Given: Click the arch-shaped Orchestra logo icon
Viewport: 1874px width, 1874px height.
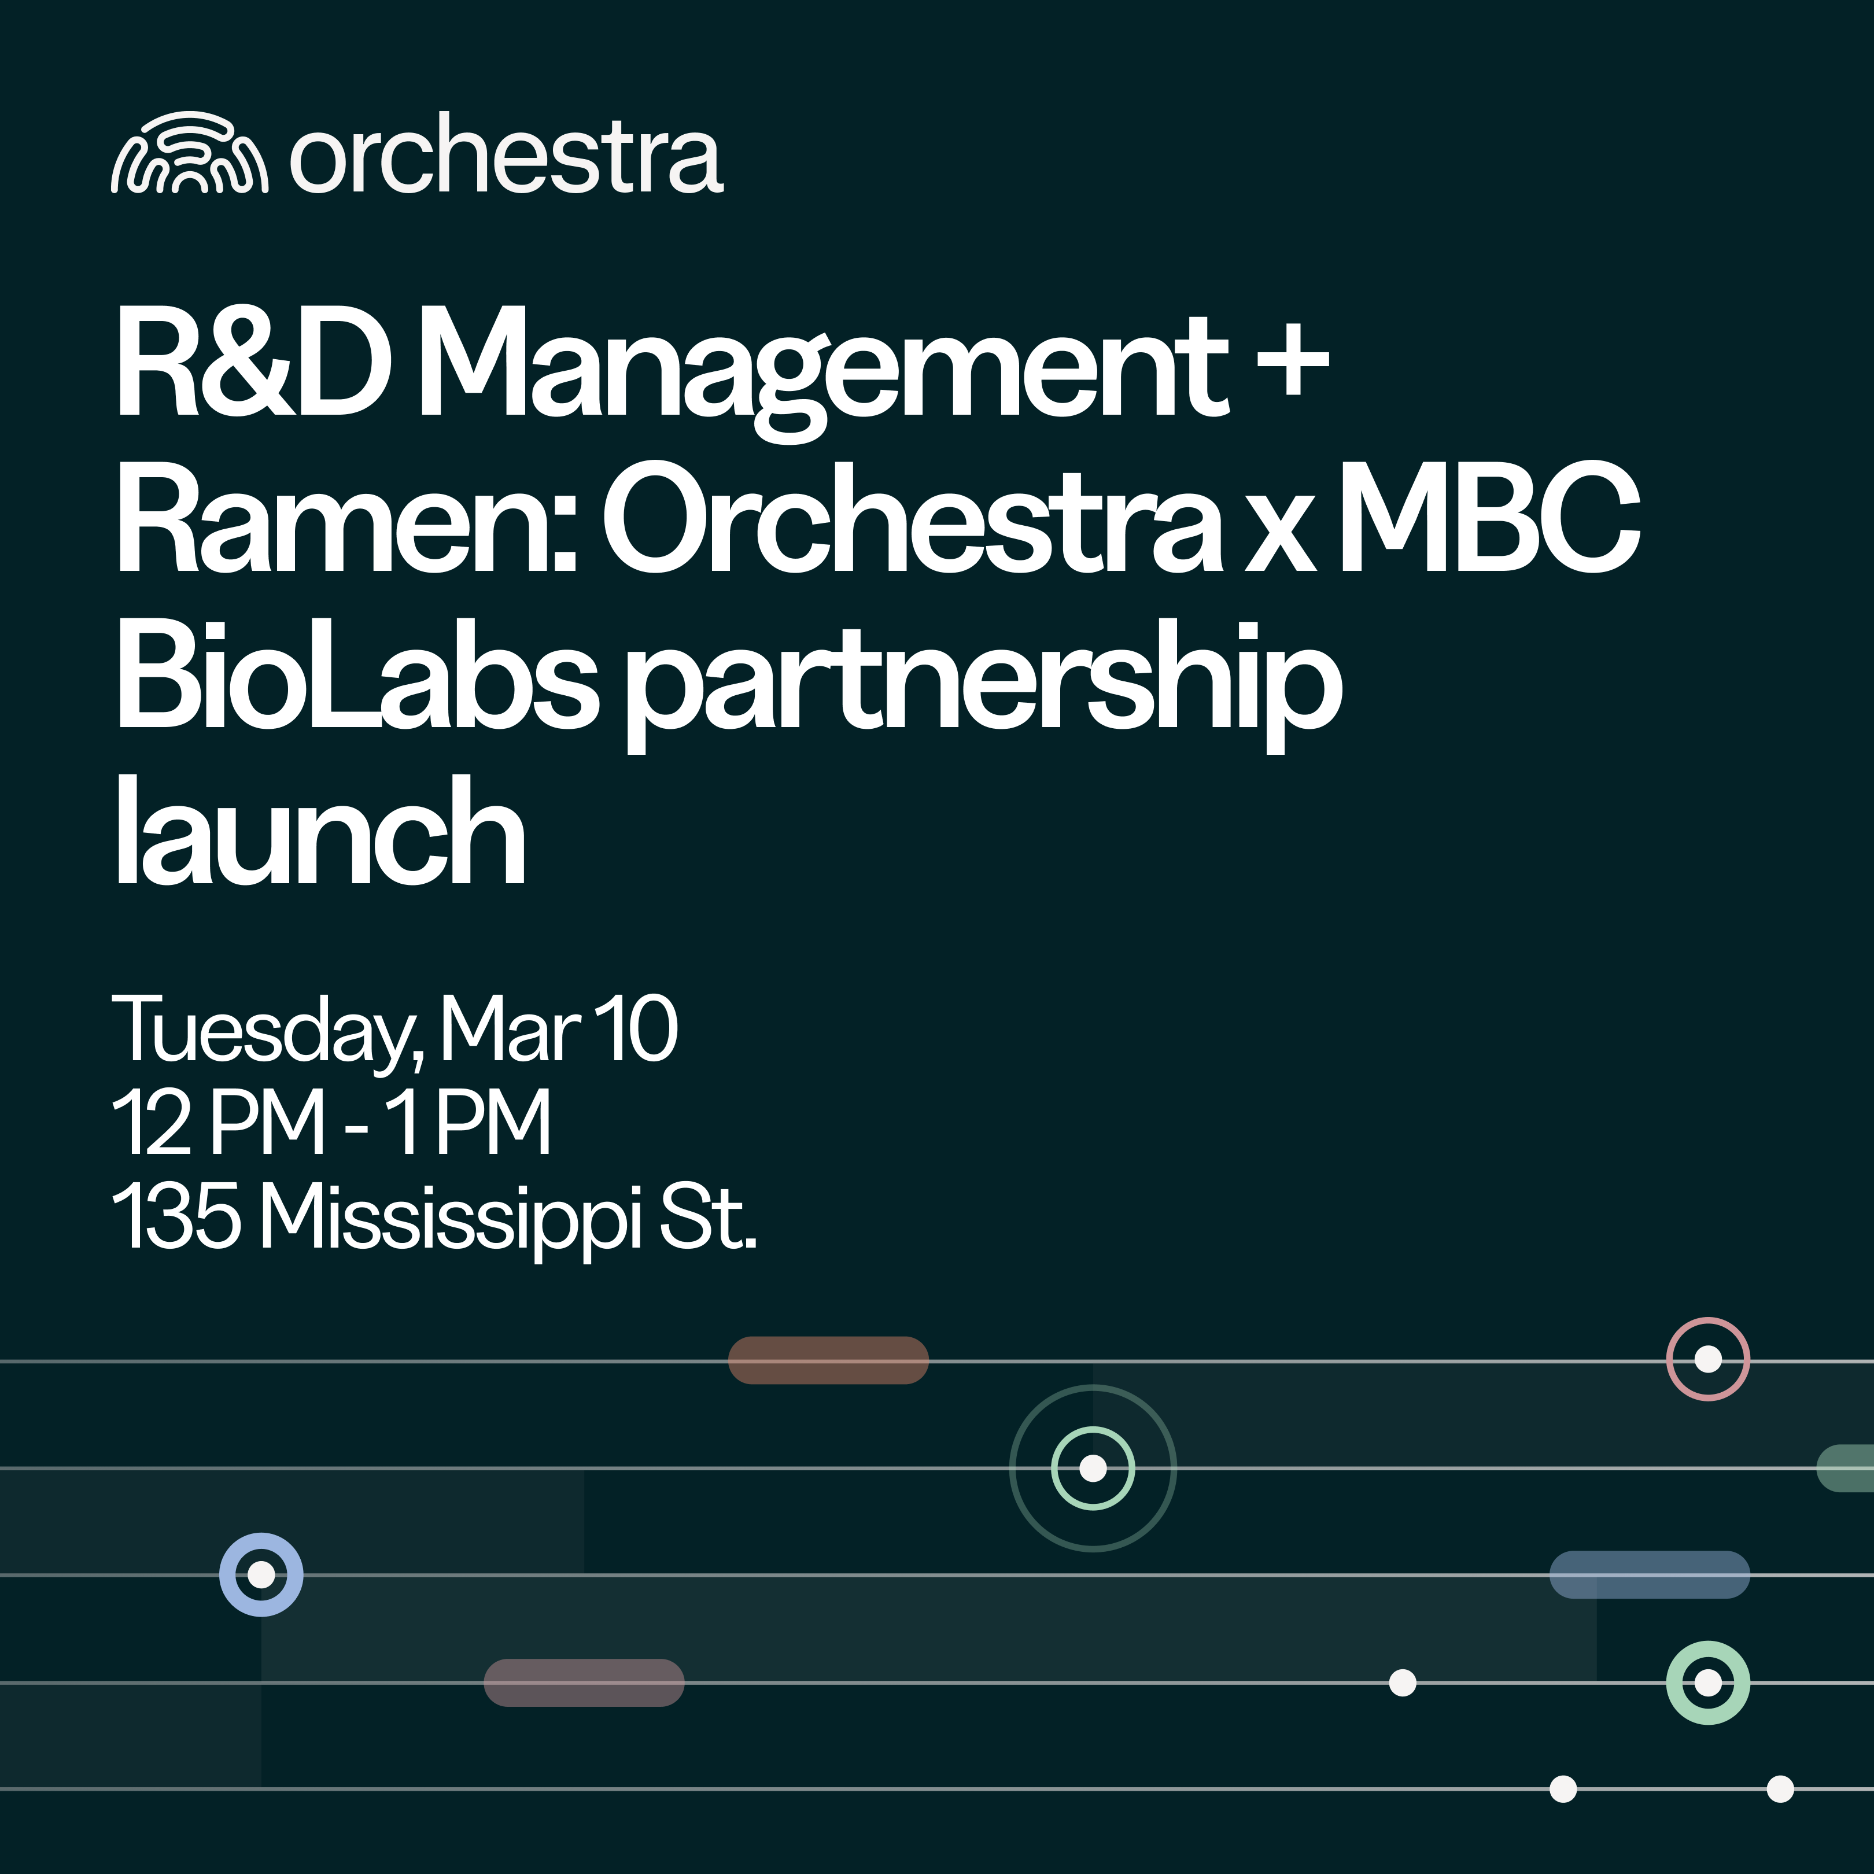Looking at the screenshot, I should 189,153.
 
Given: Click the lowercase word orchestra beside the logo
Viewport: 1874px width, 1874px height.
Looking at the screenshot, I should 506,155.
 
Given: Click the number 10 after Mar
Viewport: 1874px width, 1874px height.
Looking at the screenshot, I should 635,1029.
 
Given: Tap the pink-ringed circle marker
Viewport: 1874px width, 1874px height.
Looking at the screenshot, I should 1707,1359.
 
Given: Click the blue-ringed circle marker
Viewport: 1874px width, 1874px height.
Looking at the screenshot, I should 261,1574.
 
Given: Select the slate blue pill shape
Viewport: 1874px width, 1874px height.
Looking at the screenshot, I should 1649,1574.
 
